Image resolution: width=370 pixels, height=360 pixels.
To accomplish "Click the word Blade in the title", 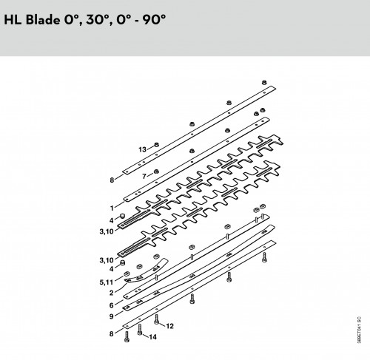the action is coord(42,19).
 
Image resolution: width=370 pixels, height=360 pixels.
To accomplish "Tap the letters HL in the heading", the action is coord(13,19).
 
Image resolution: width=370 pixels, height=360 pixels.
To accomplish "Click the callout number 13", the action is coord(142,149).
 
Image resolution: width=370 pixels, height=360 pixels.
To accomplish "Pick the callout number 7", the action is coord(144,176).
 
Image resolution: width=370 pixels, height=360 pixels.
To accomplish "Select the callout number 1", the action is coord(112,208).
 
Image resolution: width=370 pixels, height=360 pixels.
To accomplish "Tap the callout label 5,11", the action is coord(107,282).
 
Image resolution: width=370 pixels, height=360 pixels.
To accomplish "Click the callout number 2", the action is coord(112,293).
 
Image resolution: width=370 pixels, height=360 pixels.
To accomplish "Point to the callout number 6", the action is coord(112,305).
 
